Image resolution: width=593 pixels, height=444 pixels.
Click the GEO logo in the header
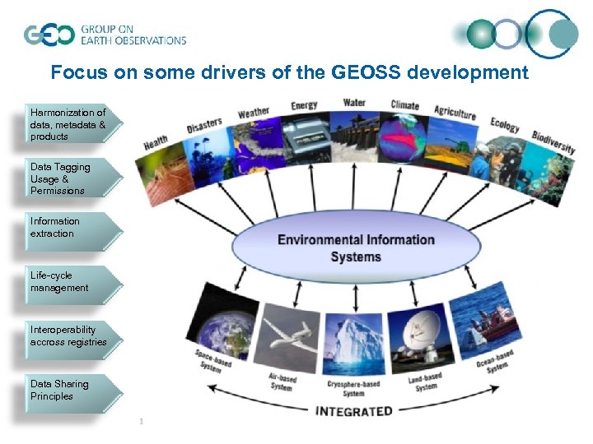[x=50, y=35]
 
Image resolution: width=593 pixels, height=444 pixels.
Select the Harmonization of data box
[x=71, y=124]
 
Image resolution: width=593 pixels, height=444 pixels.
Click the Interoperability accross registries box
[x=69, y=335]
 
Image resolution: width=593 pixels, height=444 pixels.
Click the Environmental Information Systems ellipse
[x=356, y=247]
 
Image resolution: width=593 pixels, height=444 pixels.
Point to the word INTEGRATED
[x=353, y=410]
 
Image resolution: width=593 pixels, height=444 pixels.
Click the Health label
[x=156, y=142]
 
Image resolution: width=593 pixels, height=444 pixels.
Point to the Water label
[x=354, y=104]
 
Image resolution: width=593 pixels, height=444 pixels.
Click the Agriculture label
[x=455, y=113]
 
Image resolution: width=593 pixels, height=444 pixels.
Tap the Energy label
[x=304, y=105]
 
